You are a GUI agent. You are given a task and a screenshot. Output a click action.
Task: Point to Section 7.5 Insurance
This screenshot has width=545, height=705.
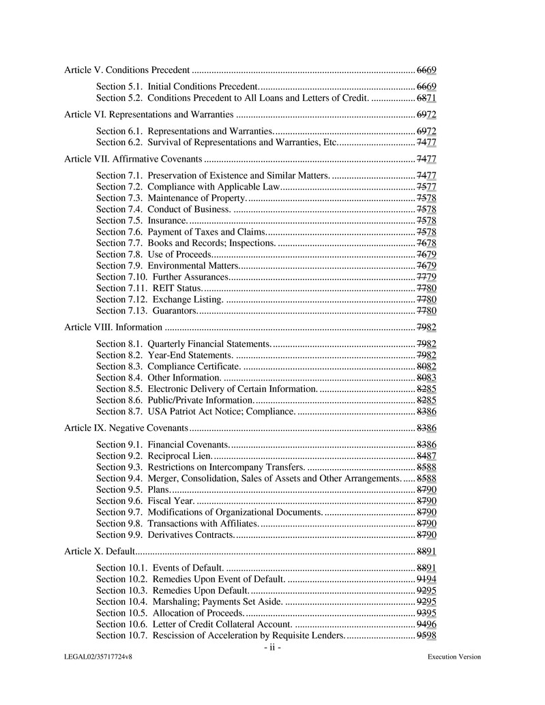[x=142, y=220]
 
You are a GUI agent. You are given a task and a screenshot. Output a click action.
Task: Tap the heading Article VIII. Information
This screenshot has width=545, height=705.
[x=114, y=327]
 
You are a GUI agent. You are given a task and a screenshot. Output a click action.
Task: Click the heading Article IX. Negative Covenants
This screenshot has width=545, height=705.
[x=126, y=427]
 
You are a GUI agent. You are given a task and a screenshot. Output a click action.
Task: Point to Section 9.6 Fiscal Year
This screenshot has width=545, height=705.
[x=145, y=500]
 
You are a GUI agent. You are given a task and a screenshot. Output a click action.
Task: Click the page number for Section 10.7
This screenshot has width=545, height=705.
[x=426, y=635]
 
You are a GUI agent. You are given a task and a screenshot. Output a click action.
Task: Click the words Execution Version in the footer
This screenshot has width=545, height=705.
[x=454, y=657]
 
